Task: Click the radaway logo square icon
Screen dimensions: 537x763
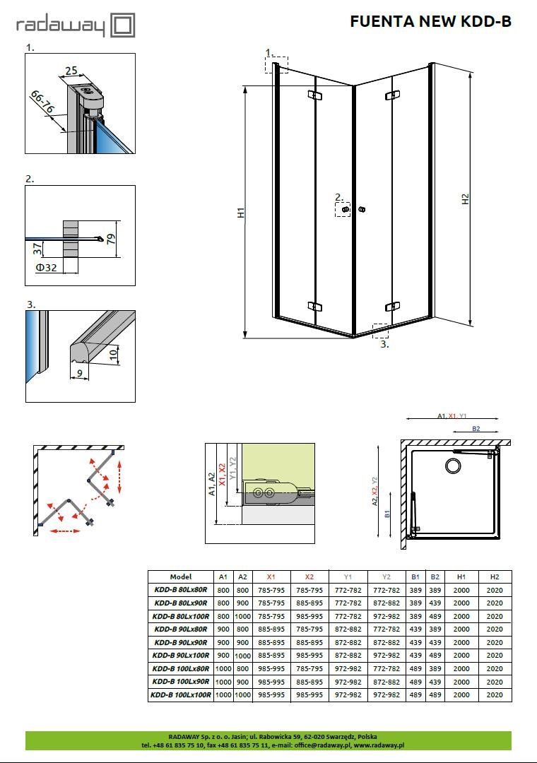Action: tap(123, 25)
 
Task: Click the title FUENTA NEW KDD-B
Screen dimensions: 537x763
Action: tap(431, 21)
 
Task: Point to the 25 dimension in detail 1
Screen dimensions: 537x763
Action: tap(71, 71)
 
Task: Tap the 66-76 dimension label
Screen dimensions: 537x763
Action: tap(43, 102)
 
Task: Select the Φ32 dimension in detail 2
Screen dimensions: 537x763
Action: tap(47, 267)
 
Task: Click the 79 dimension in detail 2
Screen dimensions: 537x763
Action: tap(112, 239)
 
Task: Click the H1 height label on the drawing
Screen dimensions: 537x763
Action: tap(241, 212)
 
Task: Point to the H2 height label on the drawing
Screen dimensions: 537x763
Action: tap(466, 199)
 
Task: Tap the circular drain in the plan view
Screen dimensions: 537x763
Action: tap(454, 466)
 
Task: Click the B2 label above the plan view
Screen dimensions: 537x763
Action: tap(476, 428)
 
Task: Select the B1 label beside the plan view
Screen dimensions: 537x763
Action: tap(387, 514)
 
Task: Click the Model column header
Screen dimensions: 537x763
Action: tap(181, 576)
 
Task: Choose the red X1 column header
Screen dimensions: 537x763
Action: tap(271, 576)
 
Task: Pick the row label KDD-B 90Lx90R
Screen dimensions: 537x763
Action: tap(181, 642)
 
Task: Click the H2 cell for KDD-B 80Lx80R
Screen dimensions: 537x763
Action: tap(495, 590)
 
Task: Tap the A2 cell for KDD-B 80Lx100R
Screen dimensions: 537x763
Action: tap(242, 616)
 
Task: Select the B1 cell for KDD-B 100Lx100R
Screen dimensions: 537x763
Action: tap(415, 695)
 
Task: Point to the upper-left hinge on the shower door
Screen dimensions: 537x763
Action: tap(315, 95)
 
